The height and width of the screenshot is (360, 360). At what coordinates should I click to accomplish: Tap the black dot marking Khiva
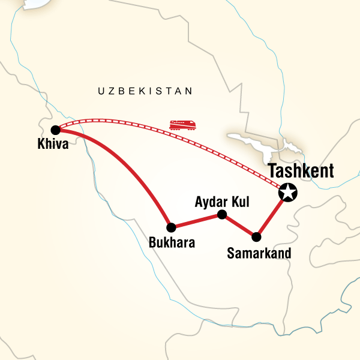(x=55, y=129)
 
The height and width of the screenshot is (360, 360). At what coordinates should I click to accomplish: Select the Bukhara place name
(x=172, y=244)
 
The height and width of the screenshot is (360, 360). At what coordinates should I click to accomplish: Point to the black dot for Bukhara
(x=172, y=227)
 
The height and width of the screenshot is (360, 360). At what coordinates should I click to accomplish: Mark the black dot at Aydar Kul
(x=221, y=214)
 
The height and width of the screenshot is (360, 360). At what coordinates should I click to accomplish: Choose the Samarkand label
(x=259, y=253)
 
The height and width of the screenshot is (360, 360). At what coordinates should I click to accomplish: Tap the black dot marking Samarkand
(x=257, y=236)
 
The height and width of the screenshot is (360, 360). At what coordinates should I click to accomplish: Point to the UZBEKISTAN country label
(x=145, y=92)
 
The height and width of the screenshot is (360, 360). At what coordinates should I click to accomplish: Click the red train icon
(x=182, y=125)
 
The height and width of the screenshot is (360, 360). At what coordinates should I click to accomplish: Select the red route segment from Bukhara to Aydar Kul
(x=197, y=221)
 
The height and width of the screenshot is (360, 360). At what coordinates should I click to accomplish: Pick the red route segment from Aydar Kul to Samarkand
(x=239, y=225)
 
